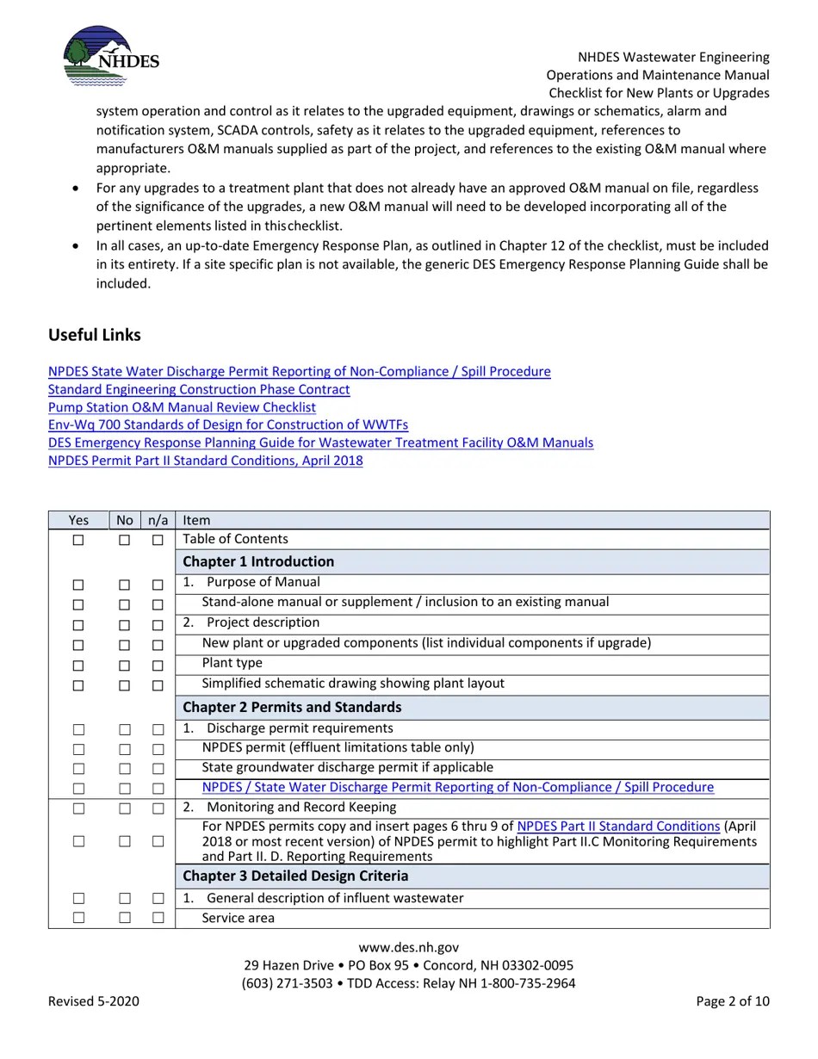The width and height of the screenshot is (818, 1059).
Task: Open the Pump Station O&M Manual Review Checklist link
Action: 182,407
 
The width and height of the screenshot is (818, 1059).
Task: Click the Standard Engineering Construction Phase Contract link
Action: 199,389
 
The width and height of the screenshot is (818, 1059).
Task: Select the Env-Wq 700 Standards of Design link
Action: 228,424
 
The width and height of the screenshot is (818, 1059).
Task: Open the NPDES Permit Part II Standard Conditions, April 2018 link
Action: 205,461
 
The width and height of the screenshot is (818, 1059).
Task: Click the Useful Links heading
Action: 95,335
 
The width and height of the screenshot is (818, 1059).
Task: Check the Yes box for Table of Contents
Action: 78,540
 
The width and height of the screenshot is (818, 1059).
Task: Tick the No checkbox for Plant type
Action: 125,666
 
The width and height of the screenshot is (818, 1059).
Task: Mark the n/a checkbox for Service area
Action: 158,918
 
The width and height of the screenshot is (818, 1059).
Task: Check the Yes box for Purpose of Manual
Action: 78,585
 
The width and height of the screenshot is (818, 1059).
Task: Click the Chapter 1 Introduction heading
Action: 258,561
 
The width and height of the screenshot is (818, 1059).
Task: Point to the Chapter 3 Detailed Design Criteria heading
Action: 295,876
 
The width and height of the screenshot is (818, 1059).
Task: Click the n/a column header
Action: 158,520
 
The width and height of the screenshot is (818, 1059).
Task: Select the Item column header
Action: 196,520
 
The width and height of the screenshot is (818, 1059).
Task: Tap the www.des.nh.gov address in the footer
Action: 408,947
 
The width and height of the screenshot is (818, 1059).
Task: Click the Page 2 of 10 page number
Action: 733,1000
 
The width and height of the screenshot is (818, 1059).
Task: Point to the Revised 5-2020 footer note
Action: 94,1000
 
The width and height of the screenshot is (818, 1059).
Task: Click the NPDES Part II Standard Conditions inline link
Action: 618,827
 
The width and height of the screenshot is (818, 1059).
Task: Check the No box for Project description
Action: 125,625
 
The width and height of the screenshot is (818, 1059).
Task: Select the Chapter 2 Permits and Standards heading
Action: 292,707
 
